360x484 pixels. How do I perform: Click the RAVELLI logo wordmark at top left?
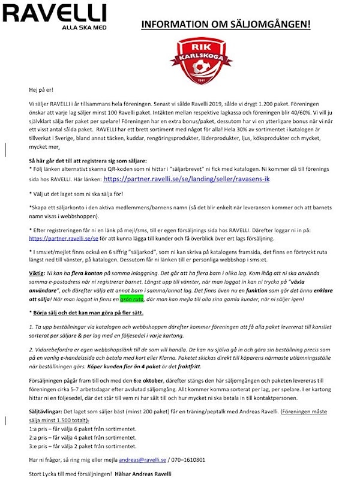pos(53,13)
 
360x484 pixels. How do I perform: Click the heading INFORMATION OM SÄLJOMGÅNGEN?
pos(226,25)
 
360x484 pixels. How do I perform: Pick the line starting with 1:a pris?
pos(83,429)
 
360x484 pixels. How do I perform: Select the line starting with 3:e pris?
pos(83,446)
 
